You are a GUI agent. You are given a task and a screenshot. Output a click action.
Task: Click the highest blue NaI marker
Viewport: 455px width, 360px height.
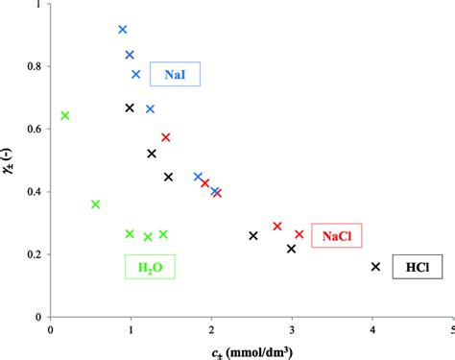tap(123, 30)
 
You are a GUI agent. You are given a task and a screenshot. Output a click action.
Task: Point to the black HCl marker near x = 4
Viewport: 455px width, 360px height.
tap(375, 266)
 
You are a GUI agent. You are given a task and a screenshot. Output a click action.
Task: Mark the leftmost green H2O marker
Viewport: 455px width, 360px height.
tap(65, 116)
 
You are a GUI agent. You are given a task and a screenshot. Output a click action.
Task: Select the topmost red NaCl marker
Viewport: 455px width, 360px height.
tap(166, 137)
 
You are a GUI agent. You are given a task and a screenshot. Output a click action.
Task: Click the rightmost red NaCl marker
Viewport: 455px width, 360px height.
tap(299, 234)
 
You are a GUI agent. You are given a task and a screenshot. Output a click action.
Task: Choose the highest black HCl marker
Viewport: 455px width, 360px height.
tap(130, 108)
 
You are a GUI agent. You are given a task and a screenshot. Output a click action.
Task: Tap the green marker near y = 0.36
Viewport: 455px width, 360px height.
tap(95, 204)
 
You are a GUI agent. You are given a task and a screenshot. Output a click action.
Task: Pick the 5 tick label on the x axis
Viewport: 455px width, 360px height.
tap(450, 328)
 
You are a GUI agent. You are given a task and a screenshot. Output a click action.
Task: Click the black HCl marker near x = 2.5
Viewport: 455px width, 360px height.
tap(253, 235)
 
